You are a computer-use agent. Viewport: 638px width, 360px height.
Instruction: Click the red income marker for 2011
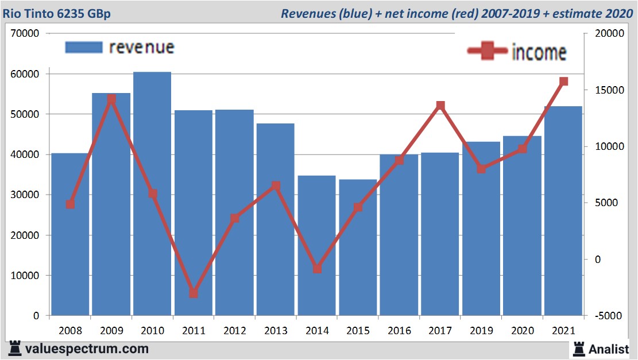click(x=194, y=293)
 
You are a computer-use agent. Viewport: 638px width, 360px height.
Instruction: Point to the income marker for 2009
click(x=111, y=99)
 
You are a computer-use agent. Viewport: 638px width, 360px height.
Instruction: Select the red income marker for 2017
click(x=440, y=106)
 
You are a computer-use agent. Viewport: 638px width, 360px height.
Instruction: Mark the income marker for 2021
click(x=563, y=82)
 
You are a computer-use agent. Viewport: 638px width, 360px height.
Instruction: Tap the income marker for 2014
click(x=317, y=269)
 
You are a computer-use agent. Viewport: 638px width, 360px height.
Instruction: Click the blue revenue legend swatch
click(x=84, y=47)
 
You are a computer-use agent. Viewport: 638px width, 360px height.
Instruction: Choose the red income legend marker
click(x=488, y=52)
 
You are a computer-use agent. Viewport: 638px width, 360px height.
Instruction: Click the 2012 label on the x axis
click(x=235, y=331)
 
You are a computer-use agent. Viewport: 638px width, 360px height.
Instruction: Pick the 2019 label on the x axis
click(x=481, y=331)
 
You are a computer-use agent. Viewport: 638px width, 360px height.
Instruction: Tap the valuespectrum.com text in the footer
click(x=87, y=349)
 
